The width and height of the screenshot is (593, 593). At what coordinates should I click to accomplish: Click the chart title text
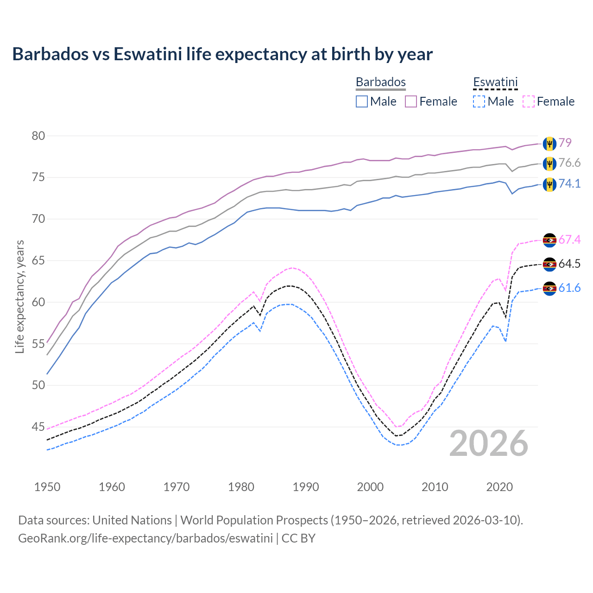click(222, 54)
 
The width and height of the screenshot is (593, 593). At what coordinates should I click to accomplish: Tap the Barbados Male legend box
click(362, 101)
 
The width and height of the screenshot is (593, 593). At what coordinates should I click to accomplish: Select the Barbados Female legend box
click(411, 101)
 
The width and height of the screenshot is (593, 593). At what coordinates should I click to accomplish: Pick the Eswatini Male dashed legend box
click(479, 101)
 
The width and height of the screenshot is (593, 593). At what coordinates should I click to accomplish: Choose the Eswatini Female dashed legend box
click(528, 101)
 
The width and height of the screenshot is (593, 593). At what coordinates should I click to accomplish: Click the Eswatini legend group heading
click(495, 82)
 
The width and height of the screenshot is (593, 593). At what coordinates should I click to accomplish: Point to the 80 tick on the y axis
click(38, 136)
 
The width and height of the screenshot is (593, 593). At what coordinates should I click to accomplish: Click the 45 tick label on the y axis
click(38, 427)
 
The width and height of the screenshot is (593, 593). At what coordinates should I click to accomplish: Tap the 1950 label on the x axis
click(47, 487)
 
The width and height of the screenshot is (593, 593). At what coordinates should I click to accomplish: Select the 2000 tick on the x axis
click(370, 487)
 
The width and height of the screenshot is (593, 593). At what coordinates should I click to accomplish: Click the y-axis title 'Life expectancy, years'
click(19, 296)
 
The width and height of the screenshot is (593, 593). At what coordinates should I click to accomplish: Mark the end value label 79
click(565, 143)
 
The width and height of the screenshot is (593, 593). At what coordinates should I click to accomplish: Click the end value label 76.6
click(569, 163)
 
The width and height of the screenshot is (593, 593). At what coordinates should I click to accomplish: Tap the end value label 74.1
click(569, 184)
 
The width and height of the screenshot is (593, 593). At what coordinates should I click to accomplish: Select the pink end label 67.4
click(569, 240)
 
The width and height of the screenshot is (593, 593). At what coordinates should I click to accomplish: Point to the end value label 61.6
click(569, 288)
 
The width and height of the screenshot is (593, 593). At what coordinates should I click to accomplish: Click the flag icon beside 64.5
click(549, 264)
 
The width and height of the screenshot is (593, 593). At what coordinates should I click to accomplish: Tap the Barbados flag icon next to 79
click(549, 143)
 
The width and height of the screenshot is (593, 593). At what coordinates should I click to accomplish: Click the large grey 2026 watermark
click(488, 443)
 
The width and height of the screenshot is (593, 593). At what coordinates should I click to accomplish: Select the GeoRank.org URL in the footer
click(145, 538)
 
